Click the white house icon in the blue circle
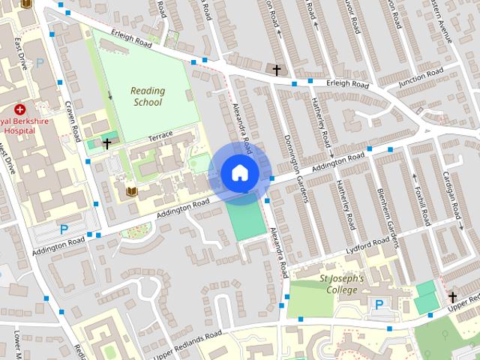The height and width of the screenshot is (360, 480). (239, 172)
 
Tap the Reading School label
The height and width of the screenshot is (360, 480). (147, 96)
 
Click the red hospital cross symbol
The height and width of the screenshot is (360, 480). (20, 109)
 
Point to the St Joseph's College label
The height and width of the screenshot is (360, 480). (341, 283)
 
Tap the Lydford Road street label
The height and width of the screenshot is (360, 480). (367, 246)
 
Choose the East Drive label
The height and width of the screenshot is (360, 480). (19, 52)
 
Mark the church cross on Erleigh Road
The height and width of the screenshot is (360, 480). (277, 70)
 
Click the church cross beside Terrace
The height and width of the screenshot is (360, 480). (107, 142)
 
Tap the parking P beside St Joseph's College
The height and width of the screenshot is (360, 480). (379, 304)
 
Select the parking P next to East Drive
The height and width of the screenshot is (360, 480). (40, 65)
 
